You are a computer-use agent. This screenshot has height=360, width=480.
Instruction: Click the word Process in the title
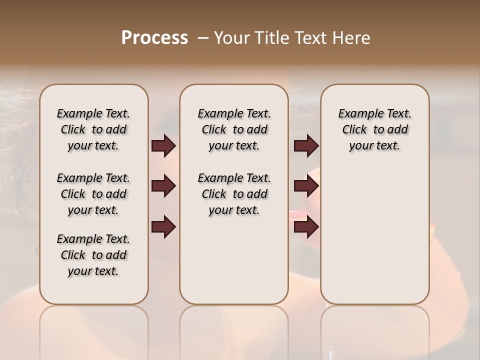pyautogui.click(x=154, y=38)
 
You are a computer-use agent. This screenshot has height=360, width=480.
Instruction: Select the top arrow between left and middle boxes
pyautogui.click(x=163, y=146)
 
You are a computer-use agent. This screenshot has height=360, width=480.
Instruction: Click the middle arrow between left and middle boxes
pyautogui.click(x=163, y=186)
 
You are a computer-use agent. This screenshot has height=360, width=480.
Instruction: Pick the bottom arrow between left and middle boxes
pyautogui.click(x=163, y=227)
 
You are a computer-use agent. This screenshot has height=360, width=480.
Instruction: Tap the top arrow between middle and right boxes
pyautogui.click(x=306, y=146)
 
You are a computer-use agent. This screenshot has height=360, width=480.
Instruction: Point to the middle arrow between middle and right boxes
pyautogui.click(x=306, y=186)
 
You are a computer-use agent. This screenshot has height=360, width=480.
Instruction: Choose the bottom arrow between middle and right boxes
pyautogui.click(x=306, y=227)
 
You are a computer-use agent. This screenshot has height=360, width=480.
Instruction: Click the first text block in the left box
pyautogui.click(x=93, y=129)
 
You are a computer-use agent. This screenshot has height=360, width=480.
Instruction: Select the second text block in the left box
pyautogui.click(x=93, y=194)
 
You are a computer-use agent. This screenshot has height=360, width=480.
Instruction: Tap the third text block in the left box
pyautogui.click(x=93, y=255)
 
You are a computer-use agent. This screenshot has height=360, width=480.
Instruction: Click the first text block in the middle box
pyautogui.click(x=234, y=129)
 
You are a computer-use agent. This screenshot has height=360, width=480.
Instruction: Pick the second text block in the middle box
pyautogui.click(x=234, y=194)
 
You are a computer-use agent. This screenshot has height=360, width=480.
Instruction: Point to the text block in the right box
pyautogui.click(x=375, y=129)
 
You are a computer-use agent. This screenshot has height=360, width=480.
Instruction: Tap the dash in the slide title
pyautogui.click(x=203, y=38)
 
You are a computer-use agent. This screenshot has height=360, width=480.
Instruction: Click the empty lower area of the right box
pyautogui.click(x=375, y=235)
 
